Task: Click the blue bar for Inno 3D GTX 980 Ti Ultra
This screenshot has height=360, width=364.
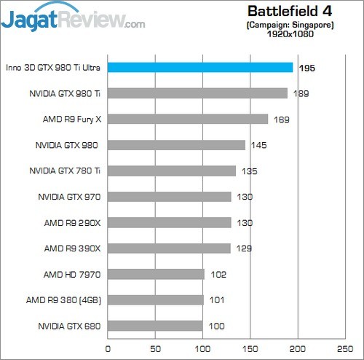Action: tap(200, 67)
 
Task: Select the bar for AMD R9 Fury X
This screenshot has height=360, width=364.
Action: tap(188, 119)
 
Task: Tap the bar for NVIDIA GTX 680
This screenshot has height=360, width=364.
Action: tap(155, 326)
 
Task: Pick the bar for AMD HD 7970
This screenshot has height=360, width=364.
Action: tap(156, 274)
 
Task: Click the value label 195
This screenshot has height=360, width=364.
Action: tap(306, 67)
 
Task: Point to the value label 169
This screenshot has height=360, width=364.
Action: tap(281, 119)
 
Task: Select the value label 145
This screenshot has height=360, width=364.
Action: tap(258, 145)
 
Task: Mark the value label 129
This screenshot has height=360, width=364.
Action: tap(243, 249)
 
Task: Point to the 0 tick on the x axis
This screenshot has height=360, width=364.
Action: tap(108, 348)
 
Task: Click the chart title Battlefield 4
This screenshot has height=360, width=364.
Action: tap(289, 11)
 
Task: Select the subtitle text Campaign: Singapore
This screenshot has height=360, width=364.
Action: tap(289, 24)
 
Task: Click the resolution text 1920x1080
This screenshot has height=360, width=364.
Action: tap(289, 34)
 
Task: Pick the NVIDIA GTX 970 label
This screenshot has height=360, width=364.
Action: tap(69, 197)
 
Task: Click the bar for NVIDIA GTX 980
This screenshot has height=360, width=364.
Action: tap(176, 145)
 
